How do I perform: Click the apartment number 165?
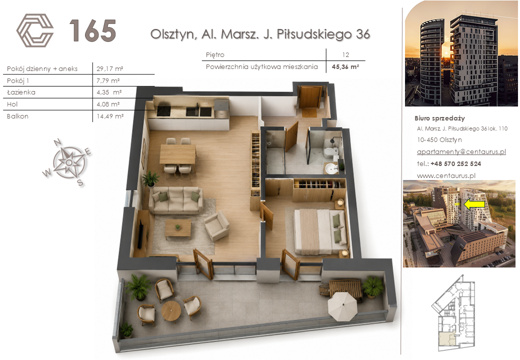click(92, 30)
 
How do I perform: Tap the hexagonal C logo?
click(35, 30)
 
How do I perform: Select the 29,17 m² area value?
click(110, 68)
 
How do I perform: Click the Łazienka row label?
click(21, 92)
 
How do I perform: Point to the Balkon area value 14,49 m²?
click(110, 116)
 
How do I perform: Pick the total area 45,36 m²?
click(345, 66)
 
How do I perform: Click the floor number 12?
click(345, 54)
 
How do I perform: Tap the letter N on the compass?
click(57, 142)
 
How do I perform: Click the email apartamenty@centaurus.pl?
click(461, 151)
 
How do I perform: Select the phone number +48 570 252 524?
click(455, 164)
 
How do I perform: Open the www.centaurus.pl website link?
click(446, 175)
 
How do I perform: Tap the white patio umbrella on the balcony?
click(342, 306)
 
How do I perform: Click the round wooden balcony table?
click(171, 310)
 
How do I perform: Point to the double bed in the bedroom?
click(321, 231)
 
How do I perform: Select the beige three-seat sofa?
click(176, 199)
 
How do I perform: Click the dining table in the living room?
click(178, 154)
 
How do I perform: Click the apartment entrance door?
click(309, 97)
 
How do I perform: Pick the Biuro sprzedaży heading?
click(439, 118)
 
